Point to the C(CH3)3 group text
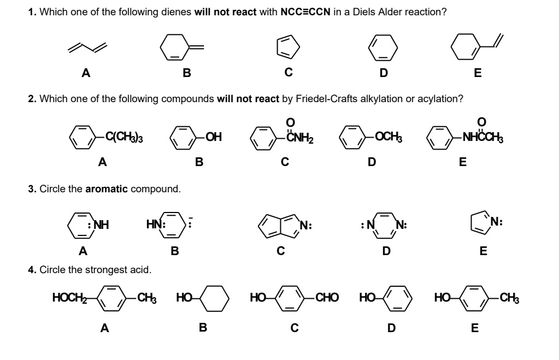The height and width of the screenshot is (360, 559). (124, 137)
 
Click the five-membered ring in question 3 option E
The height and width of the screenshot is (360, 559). (481, 225)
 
